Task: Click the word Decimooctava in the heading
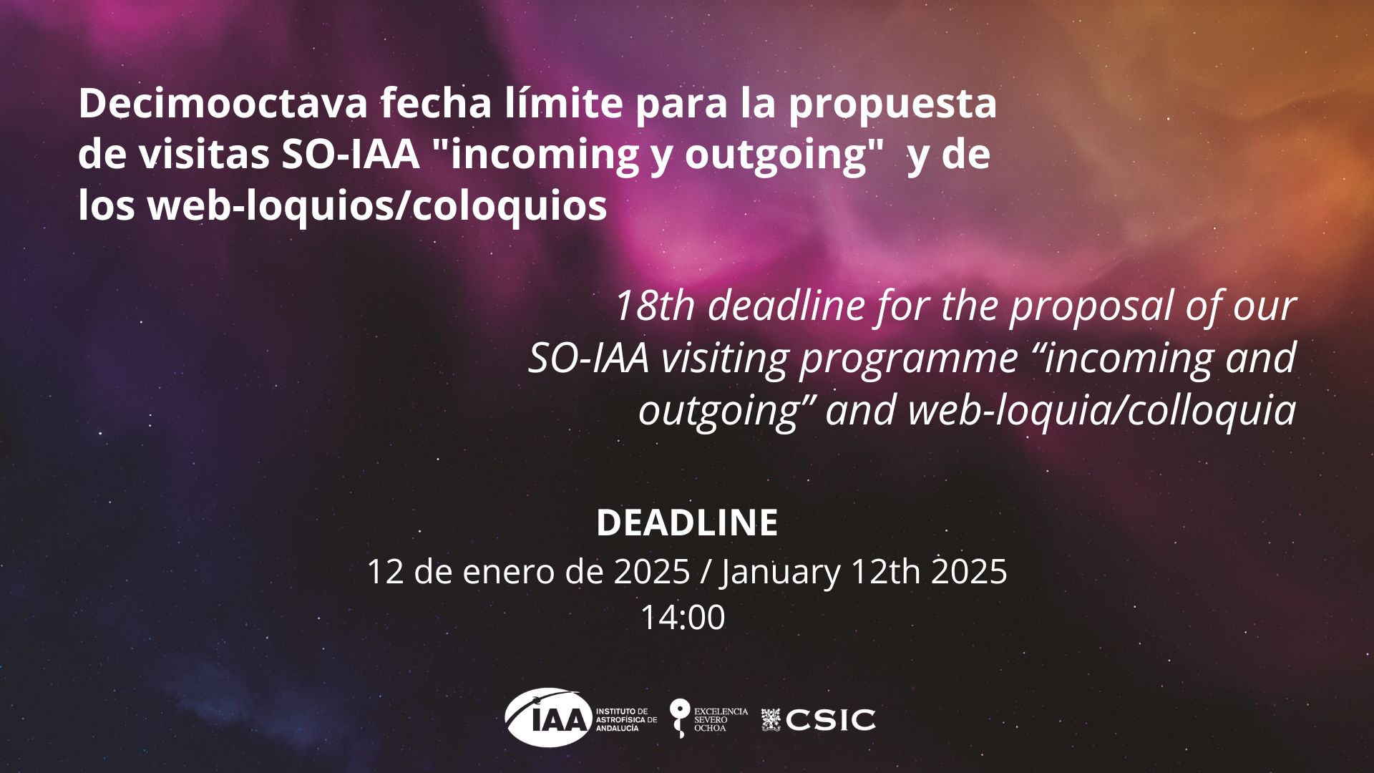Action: [223, 104]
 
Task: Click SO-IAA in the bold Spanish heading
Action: [350, 155]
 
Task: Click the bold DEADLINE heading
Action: [687, 522]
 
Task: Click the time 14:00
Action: [683, 618]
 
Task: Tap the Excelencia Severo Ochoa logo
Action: [708, 719]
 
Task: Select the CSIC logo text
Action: [830, 719]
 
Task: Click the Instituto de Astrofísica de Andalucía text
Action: [626, 719]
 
